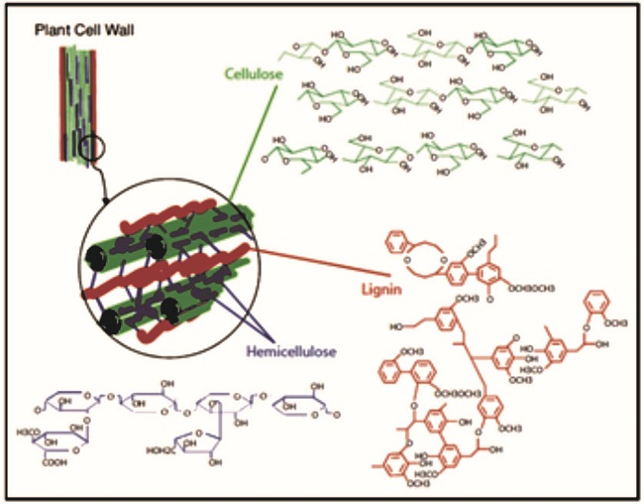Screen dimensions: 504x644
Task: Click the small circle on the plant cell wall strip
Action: (91, 151)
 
